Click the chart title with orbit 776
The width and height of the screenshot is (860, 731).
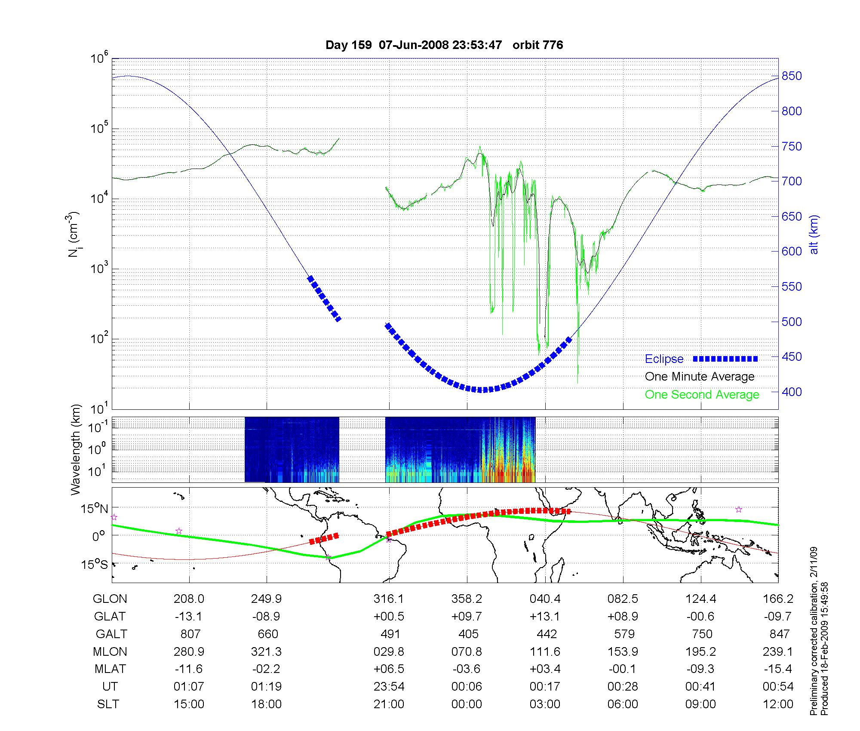[x=444, y=45]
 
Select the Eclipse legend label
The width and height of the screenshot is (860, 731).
[x=664, y=359]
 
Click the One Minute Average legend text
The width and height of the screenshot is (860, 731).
[x=700, y=377]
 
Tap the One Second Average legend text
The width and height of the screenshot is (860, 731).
[x=702, y=395]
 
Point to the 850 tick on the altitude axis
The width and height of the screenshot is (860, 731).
[x=792, y=76]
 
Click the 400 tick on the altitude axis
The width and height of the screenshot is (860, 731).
[x=792, y=392]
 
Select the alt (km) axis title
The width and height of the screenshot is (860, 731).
[x=814, y=234]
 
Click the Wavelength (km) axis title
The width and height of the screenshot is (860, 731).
[x=76, y=450]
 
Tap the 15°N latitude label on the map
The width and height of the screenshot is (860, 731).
[x=95, y=509]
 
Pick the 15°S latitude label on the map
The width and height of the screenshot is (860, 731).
[x=95, y=564]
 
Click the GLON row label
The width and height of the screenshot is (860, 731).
[x=110, y=599]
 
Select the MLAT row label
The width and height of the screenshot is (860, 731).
[x=110, y=669]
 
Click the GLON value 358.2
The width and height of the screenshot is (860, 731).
[x=467, y=599]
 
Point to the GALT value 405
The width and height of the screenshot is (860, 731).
[x=468, y=634]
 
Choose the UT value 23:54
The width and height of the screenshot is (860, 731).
[x=389, y=687]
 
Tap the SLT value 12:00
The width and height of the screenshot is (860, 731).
[x=778, y=704]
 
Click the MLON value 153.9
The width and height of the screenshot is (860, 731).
[x=623, y=652]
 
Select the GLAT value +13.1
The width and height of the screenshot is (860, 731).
[x=545, y=617]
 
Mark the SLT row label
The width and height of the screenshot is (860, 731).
[x=108, y=704]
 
